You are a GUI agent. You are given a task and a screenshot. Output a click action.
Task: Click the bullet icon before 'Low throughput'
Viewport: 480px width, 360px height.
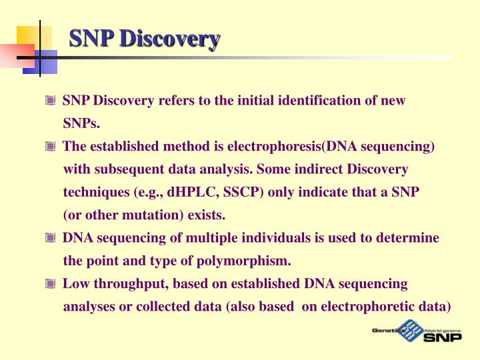50,284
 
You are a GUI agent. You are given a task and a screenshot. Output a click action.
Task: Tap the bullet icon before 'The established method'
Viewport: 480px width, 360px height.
50,147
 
